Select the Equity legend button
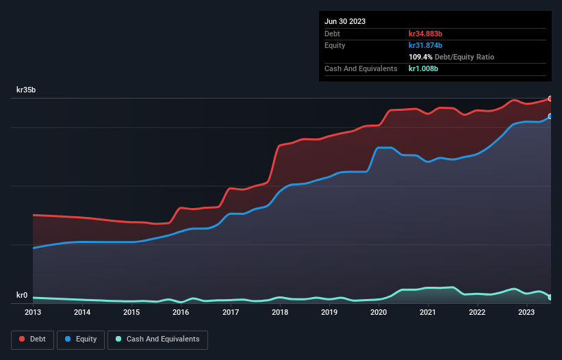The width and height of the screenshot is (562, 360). pyautogui.click(x=80, y=339)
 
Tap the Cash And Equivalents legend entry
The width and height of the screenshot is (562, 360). pyautogui.click(x=157, y=339)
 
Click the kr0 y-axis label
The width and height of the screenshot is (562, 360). pyautogui.click(x=22, y=296)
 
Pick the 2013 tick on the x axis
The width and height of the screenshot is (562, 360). pyautogui.click(x=33, y=313)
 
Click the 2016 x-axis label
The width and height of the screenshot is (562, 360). pyautogui.click(x=181, y=313)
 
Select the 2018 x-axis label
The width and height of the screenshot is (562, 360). pyautogui.click(x=279, y=313)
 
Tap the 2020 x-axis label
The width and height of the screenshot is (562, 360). pyautogui.click(x=378, y=313)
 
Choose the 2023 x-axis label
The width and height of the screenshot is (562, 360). pyautogui.click(x=526, y=313)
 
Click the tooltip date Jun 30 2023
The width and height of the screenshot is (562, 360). pyautogui.click(x=345, y=21)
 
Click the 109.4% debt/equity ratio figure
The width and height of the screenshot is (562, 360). pyautogui.click(x=420, y=57)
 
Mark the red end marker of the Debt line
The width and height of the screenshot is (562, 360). pyautogui.click(x=550, y=99)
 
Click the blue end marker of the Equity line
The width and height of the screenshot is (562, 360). pyautogui.click(x=550, y=116)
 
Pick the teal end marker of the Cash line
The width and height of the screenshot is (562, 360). pyautogui.click(x=550, y=297)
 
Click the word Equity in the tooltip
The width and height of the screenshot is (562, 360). pyautogui.click(x=335, y=45)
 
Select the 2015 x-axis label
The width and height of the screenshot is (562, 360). pyautogui.click(x=131, y=313)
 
